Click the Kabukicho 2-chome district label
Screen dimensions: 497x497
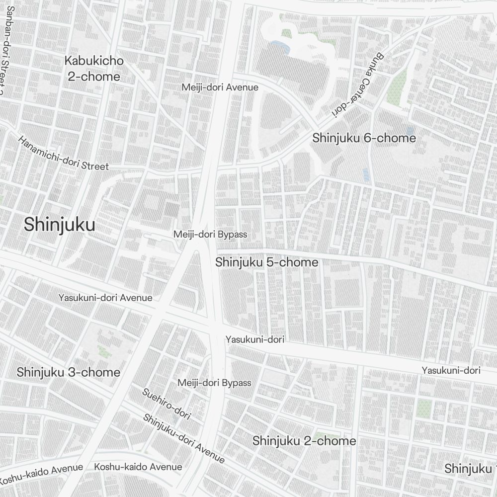tap(94, 69)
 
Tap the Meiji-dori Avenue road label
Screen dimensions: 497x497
tap(220, 87)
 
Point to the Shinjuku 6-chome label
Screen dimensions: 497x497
tap(364, 138)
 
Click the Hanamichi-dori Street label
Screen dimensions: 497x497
tap(63, 153)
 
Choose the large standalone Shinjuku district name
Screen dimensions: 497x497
tap(59, 225)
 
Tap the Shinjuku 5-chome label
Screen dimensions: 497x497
tap(266, 262)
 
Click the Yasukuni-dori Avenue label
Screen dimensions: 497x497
tap(105, 298)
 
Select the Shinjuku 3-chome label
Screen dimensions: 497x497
tap(69, 372)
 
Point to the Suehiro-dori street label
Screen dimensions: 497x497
tap(166, 404)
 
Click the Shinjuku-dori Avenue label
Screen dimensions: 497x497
tap(183, 438)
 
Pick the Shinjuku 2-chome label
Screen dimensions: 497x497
tap(304, 441)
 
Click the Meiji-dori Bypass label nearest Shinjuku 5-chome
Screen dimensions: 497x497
tap(210, 234)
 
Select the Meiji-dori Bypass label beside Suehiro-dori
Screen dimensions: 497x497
tap(214, 383)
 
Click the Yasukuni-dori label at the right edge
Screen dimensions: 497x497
tap(451, 370)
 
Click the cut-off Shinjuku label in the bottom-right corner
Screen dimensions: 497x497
tap(470, 469)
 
